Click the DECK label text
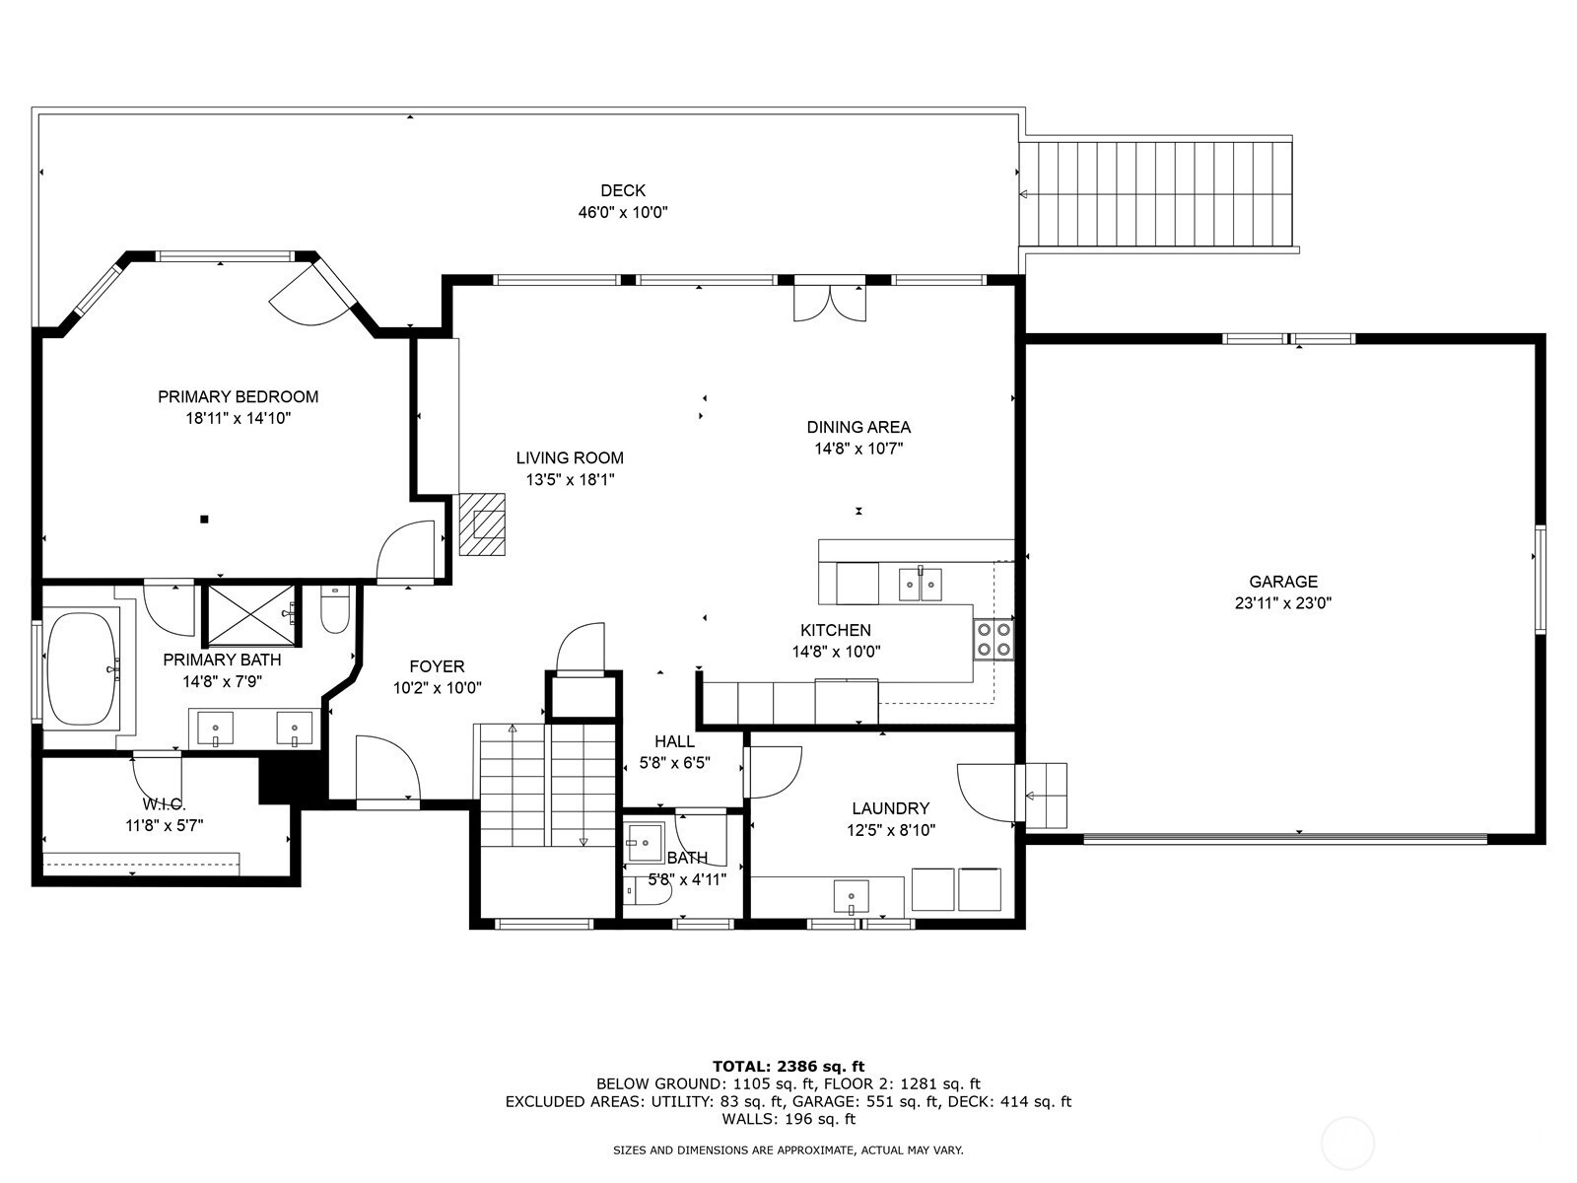coord(623,190)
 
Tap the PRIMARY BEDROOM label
coord(238,396)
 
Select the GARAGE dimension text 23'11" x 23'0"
coord(1283,603)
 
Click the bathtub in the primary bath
coord(81,668)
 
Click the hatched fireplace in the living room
coord(482,523)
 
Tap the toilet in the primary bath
coord(335,608)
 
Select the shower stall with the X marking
coord(251,615)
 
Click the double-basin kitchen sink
coord(921,584)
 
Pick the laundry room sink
coord(852,897)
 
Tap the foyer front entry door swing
coord(387,768)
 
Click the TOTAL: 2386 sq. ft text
coord(788,1066)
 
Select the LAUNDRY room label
coord(891,808)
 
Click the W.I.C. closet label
coord(164,803)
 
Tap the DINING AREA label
coord(858,427)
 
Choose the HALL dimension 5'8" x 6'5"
coord(674,763)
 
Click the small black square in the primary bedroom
coord(204,519)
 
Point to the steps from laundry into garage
coord(1041,796)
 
